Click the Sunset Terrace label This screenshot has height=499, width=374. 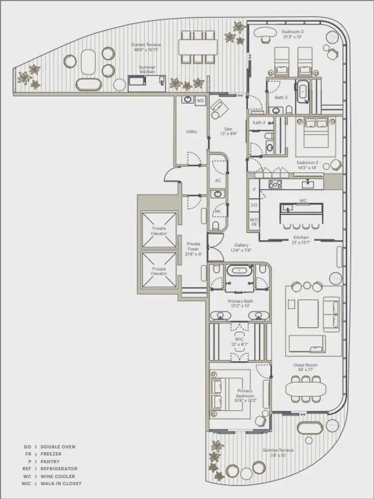[146, 47]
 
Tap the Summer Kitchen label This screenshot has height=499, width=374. [147, 69]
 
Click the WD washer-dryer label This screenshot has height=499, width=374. [200, 101]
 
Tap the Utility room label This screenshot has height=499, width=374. [191, 131]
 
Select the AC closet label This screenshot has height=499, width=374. [218, 181]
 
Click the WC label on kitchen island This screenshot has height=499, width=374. [303, 200]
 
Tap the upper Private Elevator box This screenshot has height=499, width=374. [159, 230]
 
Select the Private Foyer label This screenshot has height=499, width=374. [193, 249]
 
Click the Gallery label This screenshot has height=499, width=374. [243, 248]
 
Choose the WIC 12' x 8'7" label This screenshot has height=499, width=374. [240, 341]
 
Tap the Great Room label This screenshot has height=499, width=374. [306, 367]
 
